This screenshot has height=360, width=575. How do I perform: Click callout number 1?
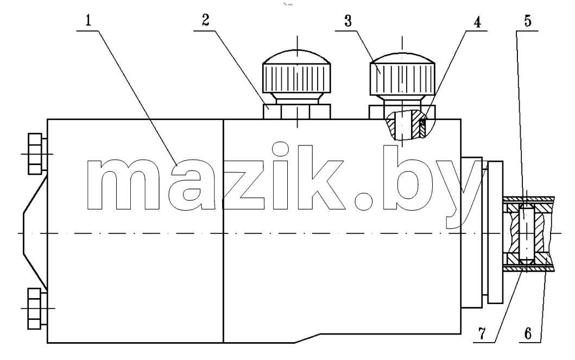[88, 20]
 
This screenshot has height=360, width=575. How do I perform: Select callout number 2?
[206, 20]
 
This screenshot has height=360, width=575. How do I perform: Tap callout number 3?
[348, 21]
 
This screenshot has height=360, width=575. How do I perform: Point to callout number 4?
[477, 22]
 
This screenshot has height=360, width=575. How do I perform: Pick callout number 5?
[527, 21]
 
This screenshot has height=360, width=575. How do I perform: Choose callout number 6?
[528, 333]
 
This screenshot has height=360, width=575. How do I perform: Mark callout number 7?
[482, 333]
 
